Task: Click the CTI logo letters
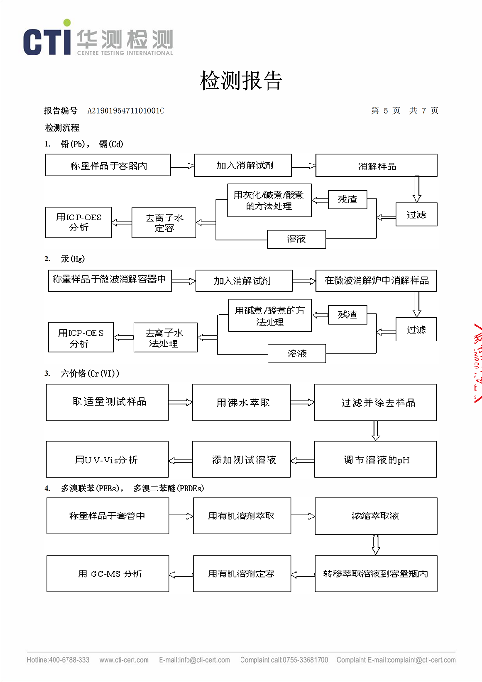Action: (47, 42)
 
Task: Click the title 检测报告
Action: (241, 81)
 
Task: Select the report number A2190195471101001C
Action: (125, 111)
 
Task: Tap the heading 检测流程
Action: (62, 128)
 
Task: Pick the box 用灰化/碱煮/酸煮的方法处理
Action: (269, 200)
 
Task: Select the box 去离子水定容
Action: (164, 223)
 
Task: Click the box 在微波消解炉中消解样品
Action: (376, 281)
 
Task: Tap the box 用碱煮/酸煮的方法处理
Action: (270, 315)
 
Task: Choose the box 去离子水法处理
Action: (165, 338)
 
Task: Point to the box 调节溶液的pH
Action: (375, 460)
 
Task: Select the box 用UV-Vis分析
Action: (107, 460)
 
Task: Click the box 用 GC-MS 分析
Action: (108, 574)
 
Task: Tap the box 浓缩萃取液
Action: (376, 516)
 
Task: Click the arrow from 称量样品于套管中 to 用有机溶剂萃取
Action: (181, 516)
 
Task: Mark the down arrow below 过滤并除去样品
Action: (376, 431)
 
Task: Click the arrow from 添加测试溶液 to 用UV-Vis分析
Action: (181, 460)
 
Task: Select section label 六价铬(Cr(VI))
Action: (90, 373)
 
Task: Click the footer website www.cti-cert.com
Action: (124, 660)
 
